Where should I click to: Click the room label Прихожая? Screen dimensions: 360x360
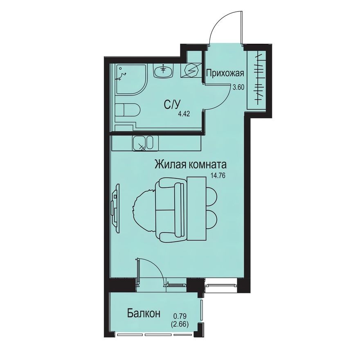pos(225,74)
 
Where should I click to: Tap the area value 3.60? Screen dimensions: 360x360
pos(239,87)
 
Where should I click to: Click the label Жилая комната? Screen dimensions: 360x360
pos(191,165)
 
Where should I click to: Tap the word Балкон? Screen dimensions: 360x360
pos(143,314)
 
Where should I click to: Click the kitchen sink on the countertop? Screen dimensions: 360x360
pos(143,143)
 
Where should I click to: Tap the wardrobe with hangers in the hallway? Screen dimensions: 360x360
pos(258,77)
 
